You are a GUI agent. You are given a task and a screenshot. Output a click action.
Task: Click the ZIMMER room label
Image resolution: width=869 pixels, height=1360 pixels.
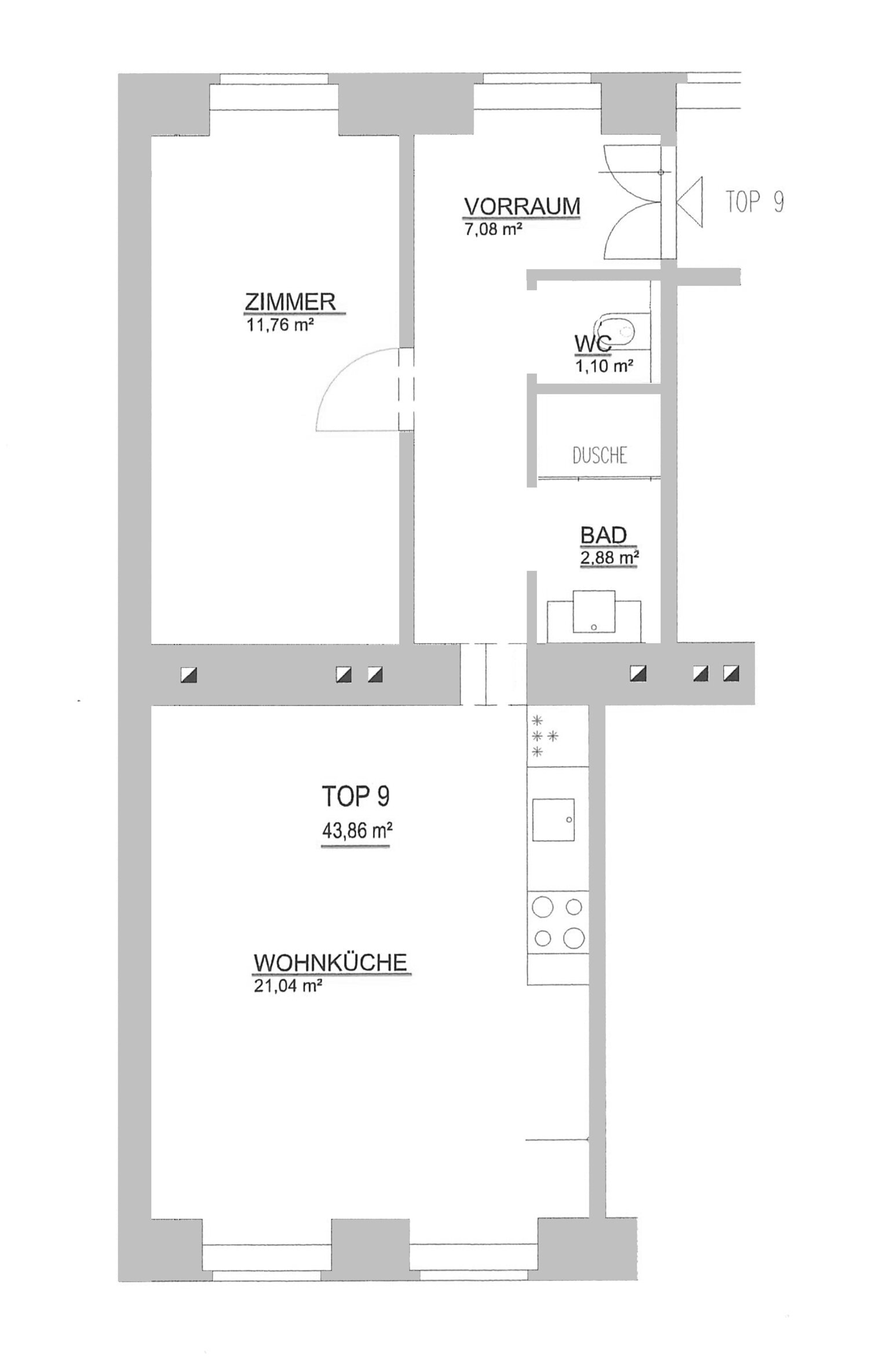(x=290, y=302)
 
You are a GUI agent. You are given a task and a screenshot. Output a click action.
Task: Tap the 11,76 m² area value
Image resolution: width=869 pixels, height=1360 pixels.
(x=277, y=324)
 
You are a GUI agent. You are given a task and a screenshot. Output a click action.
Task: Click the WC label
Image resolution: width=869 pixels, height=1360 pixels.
(x=593, y=344)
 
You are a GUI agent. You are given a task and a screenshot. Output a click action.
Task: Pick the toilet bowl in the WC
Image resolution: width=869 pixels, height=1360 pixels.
(x=618, y=332)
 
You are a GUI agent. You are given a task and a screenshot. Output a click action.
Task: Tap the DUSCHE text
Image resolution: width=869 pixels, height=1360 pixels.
(x=600, y=456)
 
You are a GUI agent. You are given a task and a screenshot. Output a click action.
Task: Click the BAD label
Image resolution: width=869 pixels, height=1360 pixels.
(x=604, y=535)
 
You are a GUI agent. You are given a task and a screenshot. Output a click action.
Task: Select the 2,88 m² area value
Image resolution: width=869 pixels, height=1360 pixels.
(x=610, y=558)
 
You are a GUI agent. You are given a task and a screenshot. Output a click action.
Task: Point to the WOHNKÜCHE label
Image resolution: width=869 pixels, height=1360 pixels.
(x=330, y=963)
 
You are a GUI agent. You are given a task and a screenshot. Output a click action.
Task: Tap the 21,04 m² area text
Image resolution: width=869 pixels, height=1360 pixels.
(x=288, y=985)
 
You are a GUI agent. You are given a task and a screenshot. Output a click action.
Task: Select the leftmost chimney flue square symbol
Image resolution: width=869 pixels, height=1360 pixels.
(x=189, y=674)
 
